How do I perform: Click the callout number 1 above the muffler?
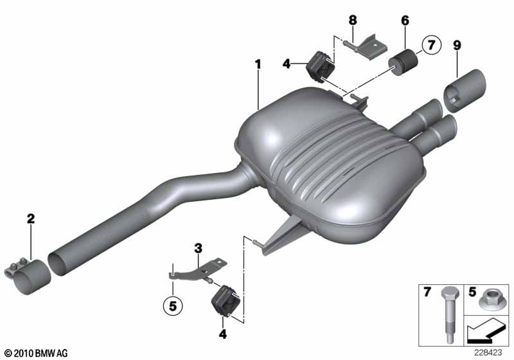(258, 64)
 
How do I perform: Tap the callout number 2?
(30, 219)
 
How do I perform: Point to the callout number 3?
(199, 248)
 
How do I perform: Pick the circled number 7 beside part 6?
(430, 46)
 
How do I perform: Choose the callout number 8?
(352, 21)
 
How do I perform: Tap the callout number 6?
(405, 21)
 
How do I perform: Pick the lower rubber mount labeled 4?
(224, 303)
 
